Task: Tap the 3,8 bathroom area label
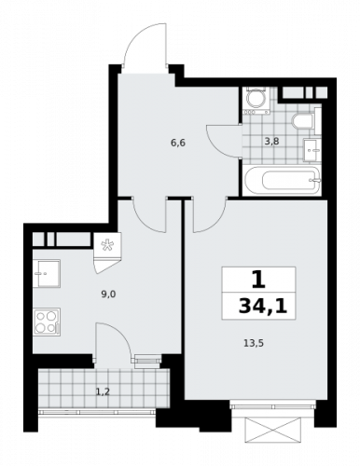pyautogui.click(x=271, y=142)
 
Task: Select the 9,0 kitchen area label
pyautogui.click(x=109, y=295)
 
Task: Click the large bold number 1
pyautogui.click(x=257, y=278)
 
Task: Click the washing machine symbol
pyautogui.click(x=256, y=100)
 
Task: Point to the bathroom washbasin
pyautogui.click(x=313, y=147)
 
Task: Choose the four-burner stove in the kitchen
pyautogui.click(x=47, y=322)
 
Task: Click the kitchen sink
pyautogui.click(x=46, y=273)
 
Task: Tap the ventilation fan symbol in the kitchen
pyautogui.click(x=105, y=247)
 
